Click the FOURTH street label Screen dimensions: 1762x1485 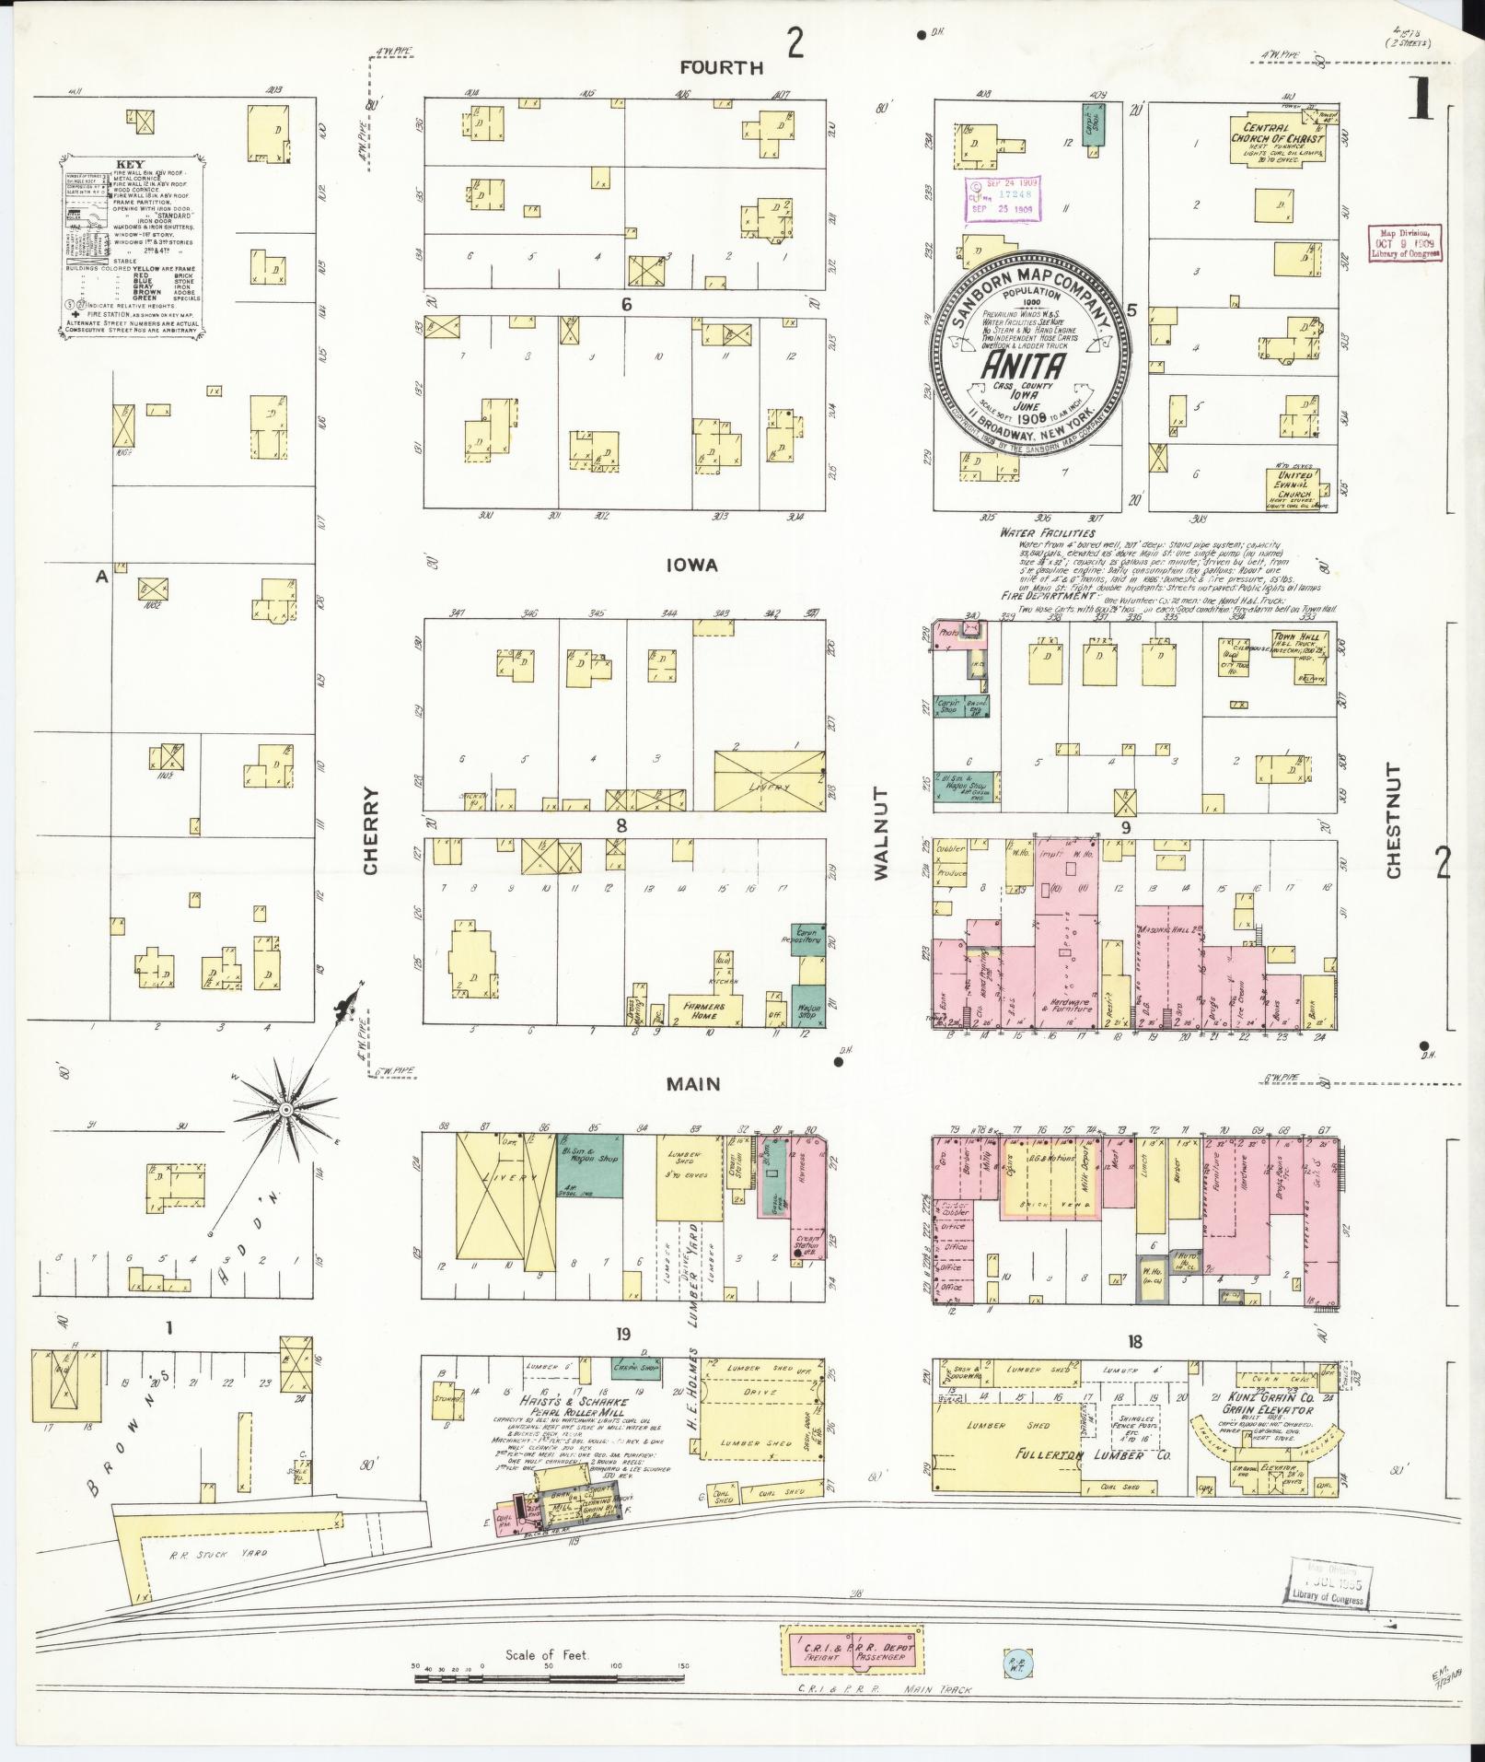[x=722, y=67]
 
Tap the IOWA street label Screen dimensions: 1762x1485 [x=693, y=566]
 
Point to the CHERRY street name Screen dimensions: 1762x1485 [x=370, y=831]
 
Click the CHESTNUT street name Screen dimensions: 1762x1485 [x=1391, y=821]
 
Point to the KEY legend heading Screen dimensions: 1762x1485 [x=123, y=167]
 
